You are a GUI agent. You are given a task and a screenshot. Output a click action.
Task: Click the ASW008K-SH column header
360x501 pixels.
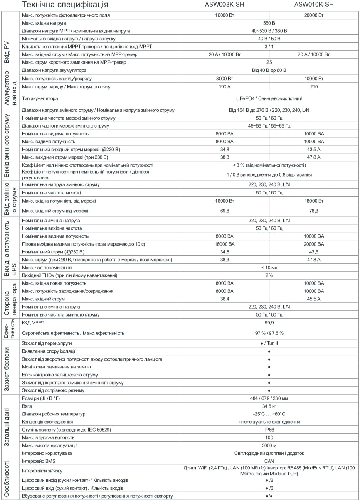[x=225, y=5]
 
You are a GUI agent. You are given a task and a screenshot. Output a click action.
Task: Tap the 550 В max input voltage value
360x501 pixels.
[x=269, y=23]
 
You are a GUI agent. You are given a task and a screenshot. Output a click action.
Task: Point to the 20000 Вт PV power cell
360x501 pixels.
[x=314, y=15]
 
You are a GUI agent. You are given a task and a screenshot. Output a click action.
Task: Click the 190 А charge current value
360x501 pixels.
[x=224, y=86]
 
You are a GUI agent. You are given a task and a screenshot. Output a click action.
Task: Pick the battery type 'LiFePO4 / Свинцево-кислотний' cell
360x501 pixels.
[x=269, y=98]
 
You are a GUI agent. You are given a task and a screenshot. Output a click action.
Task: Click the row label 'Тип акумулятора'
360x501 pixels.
[x=40, y=98]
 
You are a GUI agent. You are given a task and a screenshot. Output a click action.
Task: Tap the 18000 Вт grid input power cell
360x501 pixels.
[x=314, y=201]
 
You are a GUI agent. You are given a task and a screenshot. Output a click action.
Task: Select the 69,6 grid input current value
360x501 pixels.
[x=224, y=211]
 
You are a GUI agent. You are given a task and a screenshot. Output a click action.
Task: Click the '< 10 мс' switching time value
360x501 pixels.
[x=269, y=268]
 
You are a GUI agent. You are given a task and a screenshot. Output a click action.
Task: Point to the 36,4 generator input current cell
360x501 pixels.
[x=224, y=299]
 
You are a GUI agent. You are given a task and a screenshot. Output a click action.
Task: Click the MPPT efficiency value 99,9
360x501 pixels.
[x=269, y=323]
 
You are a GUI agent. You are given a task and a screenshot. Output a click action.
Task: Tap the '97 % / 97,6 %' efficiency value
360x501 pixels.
[x=269, y=333]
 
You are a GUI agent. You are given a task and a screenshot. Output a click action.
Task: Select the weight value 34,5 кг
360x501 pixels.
[x=269, y=406]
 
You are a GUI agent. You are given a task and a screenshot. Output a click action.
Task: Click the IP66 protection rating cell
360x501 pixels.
[x=269, y=430]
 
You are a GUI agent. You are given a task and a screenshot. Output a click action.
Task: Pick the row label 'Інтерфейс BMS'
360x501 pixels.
[x=39, y=461]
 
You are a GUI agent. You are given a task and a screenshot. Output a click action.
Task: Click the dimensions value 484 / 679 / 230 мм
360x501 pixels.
[x=269, y=398]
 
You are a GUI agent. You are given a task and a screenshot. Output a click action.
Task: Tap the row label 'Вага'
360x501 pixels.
[x=27, y=406]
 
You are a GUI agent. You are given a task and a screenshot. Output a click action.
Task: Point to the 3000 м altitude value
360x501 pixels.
[x=269, y=445]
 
